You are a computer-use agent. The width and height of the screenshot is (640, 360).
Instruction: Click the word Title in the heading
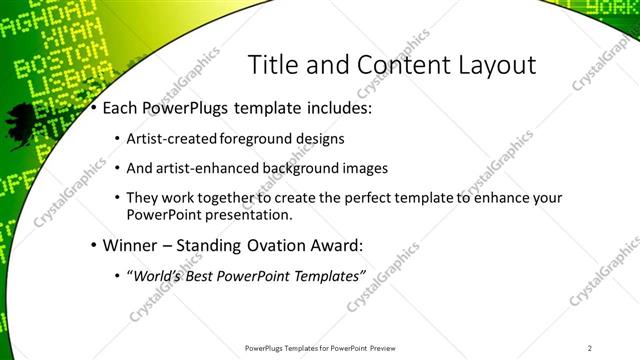[271, 65]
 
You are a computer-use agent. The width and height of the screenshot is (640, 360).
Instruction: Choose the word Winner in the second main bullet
[129, 245]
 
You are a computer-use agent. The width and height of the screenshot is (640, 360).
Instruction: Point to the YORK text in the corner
[615, 7]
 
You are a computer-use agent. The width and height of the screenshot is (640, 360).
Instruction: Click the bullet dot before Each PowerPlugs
[93, 107]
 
